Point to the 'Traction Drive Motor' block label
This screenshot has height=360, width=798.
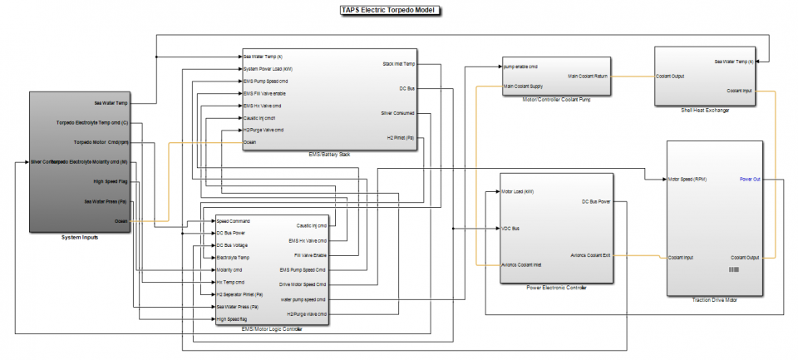pos(715,298)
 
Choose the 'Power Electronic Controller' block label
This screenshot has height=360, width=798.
pos(555,287)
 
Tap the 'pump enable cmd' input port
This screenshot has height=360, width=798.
pos(521,65)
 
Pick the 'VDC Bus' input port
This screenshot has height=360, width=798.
pos(511,228)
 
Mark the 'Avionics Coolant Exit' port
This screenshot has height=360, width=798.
pos(591,255)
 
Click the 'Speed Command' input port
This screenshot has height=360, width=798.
pos(234,221)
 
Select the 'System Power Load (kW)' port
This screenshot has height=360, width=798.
pos(268,69)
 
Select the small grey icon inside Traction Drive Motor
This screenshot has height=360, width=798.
pos(733,270)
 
